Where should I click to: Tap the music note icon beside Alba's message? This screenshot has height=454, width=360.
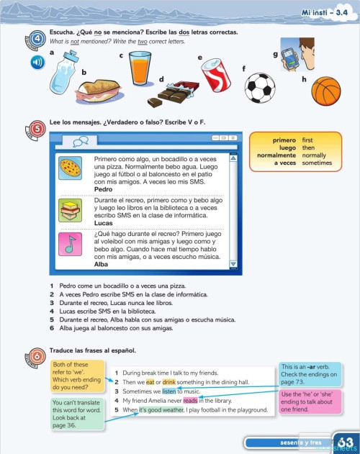[x=70, y=245]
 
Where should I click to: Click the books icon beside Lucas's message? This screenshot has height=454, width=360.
[x=70, y=209]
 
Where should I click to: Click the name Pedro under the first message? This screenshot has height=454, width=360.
[x=104, y=189]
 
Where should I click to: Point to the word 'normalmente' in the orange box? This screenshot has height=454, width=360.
[x=277, y=155]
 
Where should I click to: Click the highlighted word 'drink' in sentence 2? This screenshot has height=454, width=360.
[x=169, y=382]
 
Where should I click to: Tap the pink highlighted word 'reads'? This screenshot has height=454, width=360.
[x=190, y=401]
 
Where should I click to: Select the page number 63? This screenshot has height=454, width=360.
[x=345, y=442]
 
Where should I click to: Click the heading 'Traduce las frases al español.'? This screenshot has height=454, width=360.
[x=93, y=350]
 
